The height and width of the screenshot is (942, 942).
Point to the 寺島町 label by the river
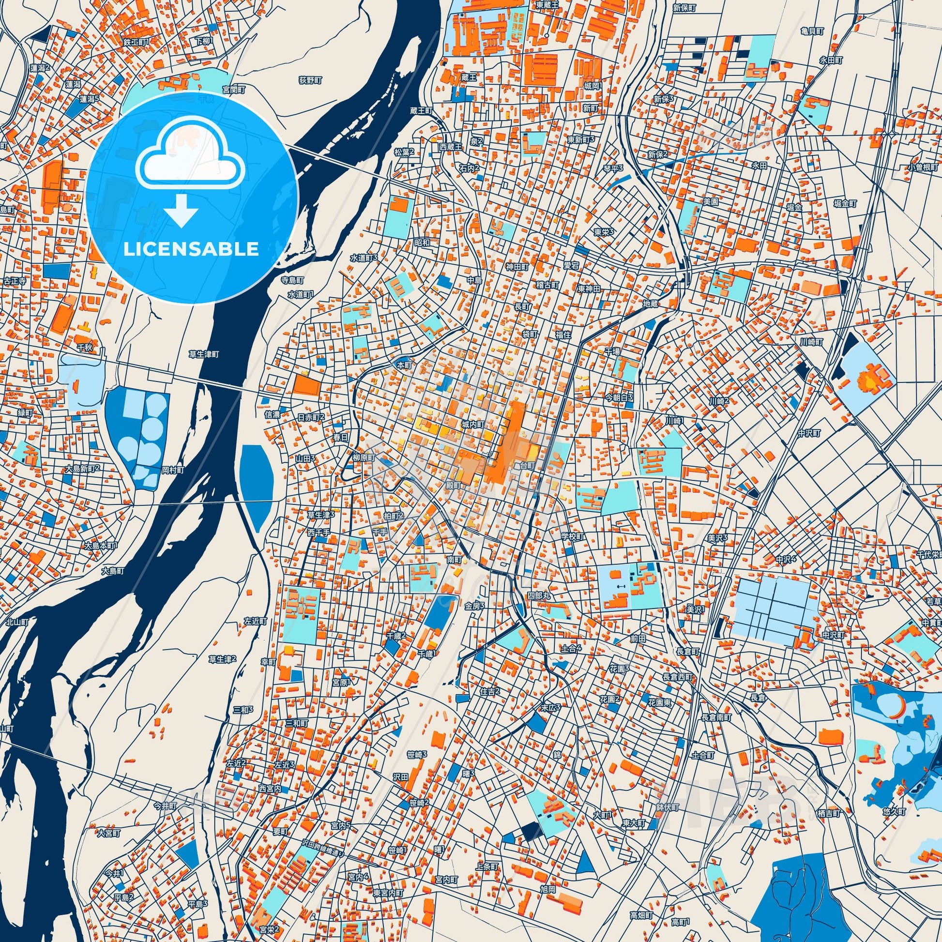click(292, 281)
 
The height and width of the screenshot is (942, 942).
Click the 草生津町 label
click(204, 354)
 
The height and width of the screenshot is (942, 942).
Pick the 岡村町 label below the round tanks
click(173, 471)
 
